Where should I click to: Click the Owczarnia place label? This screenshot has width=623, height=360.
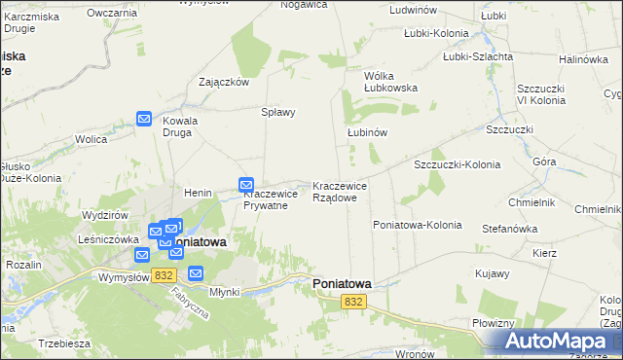(112, 13)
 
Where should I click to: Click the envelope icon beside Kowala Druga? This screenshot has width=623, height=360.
(144, 119)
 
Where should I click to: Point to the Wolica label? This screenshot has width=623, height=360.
(91, 140)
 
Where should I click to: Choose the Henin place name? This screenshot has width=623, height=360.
(198, 194)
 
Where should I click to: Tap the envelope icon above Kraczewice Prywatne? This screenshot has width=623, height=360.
(246, 184)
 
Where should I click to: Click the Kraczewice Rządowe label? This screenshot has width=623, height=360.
(340, 192)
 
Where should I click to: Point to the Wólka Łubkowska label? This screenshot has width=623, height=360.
(390, 82)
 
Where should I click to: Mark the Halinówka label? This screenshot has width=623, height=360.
(583, 59)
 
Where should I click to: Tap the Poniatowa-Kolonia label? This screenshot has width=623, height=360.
(417, 225)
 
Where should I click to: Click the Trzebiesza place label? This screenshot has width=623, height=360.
(64, 344)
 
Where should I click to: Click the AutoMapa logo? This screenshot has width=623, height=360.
(557, 342)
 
